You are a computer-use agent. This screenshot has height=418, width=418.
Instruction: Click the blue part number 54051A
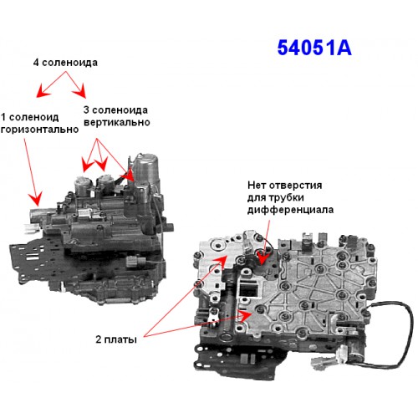point(314,48)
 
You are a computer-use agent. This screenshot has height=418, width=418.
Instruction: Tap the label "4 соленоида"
point(65,63)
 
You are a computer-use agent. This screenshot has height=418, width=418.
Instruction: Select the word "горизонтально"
point(39,130)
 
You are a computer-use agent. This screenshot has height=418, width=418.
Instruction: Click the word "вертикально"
point(117,122)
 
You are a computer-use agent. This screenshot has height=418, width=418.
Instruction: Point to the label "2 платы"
point(116,339)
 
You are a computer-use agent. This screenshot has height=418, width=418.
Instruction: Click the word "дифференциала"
point(290,210)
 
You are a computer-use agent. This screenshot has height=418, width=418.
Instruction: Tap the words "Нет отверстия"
point(284,185)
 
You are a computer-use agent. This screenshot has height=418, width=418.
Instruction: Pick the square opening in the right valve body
point(248,288)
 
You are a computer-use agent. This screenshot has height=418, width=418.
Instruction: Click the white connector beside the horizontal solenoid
point(30,228)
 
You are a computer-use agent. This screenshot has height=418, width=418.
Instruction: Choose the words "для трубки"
point(275,197)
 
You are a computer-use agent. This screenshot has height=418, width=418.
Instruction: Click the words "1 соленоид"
point(30,117)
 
